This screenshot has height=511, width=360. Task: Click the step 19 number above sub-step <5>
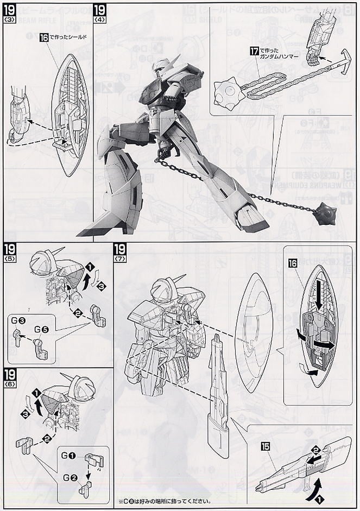tap(10, 249)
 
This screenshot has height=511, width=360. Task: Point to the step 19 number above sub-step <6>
tap(10, 375)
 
